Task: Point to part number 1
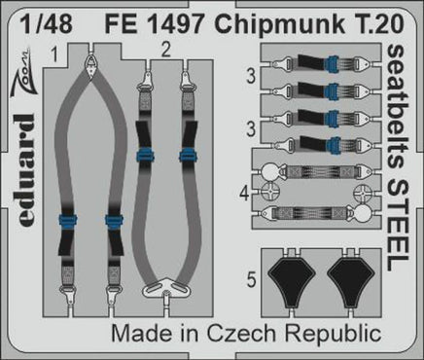click(x=58, y=50)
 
